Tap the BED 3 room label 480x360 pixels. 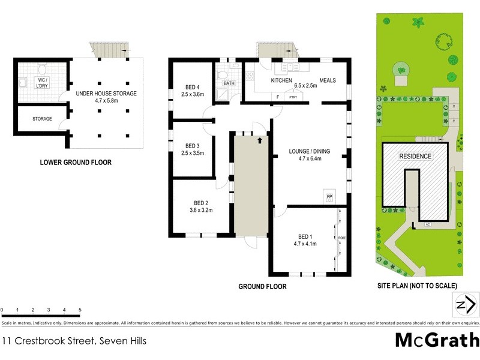point(192,146)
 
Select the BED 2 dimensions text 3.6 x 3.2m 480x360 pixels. point(201,210)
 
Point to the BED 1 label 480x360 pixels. point(305,236)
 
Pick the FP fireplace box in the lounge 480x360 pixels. point(329,196)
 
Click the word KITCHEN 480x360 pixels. point(281,80)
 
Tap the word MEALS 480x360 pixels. point(328,80)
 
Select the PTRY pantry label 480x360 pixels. point(293,97)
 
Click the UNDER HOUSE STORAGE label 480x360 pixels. point(106,94)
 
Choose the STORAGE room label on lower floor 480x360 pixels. point(42,119)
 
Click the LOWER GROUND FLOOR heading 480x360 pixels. point(75,162)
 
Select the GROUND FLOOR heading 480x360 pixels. point(262,287)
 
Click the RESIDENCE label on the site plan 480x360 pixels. point(415,156)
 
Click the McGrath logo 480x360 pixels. point(437,340)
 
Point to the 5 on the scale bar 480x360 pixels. point(80,310)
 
